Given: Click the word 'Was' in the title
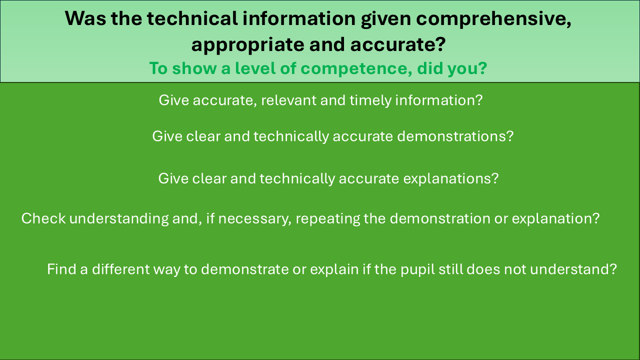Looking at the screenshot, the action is pyautogui.click(x=85, y=18).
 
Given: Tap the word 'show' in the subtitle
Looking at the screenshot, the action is pyautogui.click(x=194, y=68).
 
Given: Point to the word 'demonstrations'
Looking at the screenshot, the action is pyautogui.click(x=455, y=136).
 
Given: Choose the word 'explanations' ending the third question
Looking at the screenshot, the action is pyautogui.click(x=451, y=179).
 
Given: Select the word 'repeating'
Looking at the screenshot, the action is pyautogui.click(x=327, y=219).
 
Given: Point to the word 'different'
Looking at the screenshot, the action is pyautogui.click(x=120, y=269).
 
